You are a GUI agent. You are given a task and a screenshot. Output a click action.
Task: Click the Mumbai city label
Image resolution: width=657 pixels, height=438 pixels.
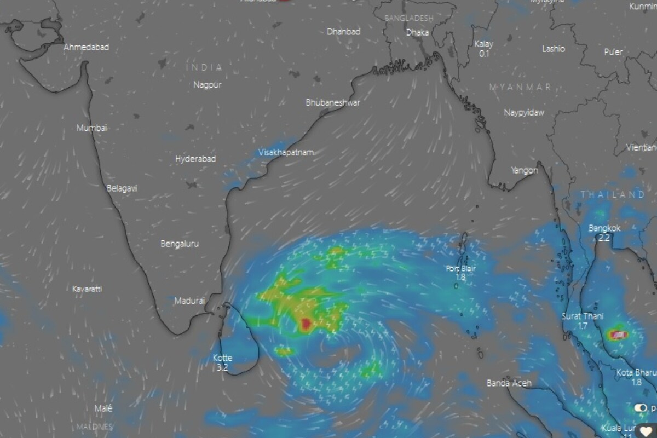click(92, 128)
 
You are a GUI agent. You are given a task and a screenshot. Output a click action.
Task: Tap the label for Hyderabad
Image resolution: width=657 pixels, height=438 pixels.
click(195, 159)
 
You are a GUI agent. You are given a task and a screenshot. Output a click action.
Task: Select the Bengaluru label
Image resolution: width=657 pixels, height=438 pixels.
click(180, 244)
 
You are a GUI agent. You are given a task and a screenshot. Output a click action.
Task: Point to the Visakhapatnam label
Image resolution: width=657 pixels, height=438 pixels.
click(286, 152)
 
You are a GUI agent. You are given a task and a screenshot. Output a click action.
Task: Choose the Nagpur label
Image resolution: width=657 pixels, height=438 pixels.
click(208, 85)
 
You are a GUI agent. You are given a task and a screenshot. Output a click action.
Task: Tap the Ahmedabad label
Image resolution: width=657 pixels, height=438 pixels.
click(87, 47)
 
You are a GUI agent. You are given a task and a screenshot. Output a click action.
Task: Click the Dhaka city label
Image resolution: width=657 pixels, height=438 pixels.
click(417, 32)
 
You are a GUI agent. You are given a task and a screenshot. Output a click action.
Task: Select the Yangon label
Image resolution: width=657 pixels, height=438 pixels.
click(525, 170)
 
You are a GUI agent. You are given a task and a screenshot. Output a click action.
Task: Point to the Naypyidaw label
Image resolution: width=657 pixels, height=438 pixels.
click(525, 112)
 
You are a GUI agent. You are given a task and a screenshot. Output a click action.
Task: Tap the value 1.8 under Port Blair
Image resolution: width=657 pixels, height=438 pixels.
click(460, 278)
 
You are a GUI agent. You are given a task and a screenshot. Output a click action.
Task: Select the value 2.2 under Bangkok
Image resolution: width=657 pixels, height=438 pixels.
click(604, 238)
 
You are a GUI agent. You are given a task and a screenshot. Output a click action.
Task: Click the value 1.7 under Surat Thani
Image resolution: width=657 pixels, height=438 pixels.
click(582, 326)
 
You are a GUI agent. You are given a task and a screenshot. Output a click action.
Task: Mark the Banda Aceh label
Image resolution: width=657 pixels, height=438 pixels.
click(509, 383)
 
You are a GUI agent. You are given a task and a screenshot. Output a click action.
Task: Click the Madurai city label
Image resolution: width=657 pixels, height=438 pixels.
click(189, 301)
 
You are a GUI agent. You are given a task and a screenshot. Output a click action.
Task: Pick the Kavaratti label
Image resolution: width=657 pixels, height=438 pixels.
click(87, 289)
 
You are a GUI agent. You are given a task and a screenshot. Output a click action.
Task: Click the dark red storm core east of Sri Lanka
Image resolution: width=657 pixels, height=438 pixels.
click(306, 324)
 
